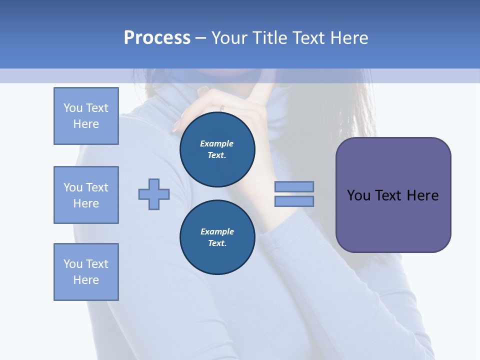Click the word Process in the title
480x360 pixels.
pos(157,38)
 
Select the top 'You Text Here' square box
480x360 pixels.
pos(86,116)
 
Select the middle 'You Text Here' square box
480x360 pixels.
pos(86,195)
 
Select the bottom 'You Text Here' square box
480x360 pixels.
pos(86,272)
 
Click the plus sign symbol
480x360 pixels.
pos(154,194)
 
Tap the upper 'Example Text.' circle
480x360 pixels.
pos(217,149)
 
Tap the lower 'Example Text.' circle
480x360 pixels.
pos(217,237)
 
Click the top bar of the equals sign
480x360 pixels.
pos(294,186)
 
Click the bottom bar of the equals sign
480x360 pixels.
pos(294,201)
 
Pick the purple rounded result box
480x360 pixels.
pos(393,220)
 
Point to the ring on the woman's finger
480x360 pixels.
pos(222,108)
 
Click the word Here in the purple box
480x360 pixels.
pos(422,195)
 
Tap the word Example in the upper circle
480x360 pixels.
pos(217,143)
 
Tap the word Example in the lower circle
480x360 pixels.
pos(217,231)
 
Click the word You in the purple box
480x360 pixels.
pos(358,195)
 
